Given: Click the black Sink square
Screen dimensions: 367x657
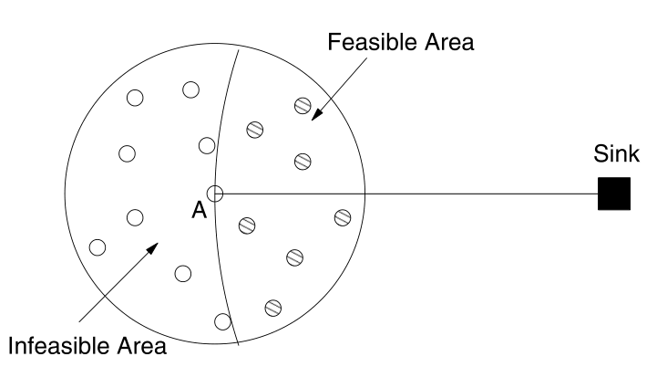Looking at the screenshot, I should click(613, 194).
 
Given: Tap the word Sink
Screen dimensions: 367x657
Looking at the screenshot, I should click(612, 154).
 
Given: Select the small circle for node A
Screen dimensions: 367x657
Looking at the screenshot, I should click(215, 194).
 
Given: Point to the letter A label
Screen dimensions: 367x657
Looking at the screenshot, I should click(198, 210).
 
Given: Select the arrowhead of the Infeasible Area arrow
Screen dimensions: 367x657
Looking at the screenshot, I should click(158, 245).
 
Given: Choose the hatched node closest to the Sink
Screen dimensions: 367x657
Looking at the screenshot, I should click(343, 216).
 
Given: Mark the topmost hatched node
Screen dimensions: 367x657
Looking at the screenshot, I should click(303, 104).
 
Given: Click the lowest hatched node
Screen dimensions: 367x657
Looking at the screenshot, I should click(272, 306).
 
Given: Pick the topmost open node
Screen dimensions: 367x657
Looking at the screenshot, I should click(190, 89).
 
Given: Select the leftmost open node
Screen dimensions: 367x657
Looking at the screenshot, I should click(98, 246).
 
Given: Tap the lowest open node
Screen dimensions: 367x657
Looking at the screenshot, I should click(222, 320).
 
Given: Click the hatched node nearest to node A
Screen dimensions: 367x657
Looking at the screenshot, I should click(246, 225).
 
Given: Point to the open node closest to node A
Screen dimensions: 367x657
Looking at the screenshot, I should click(207, 145).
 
